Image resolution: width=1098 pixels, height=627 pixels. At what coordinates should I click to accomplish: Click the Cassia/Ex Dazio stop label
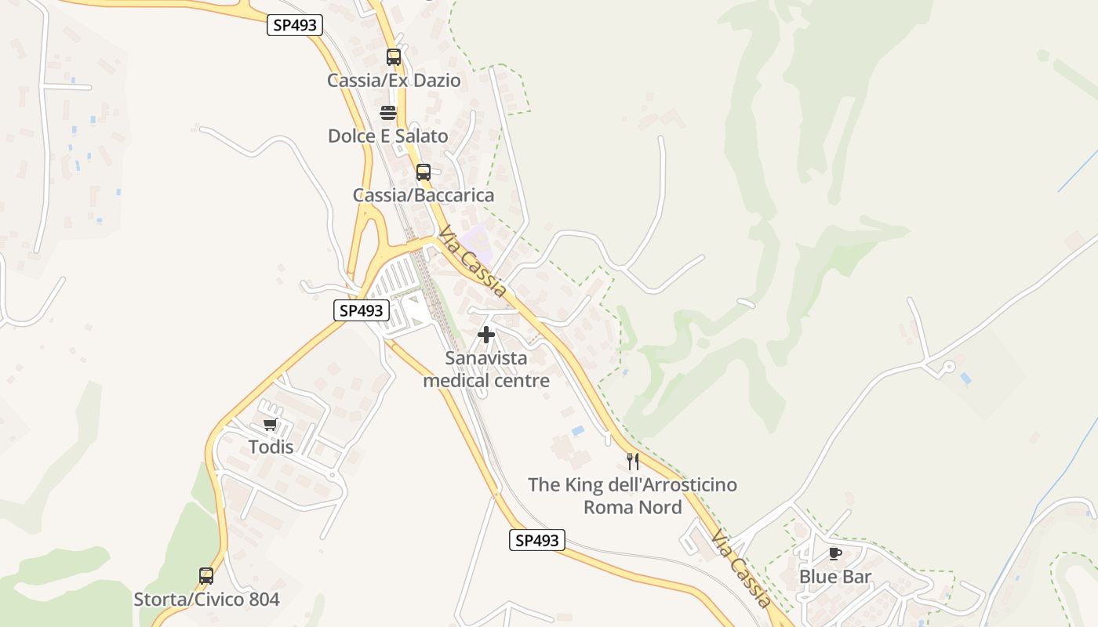point(394,81)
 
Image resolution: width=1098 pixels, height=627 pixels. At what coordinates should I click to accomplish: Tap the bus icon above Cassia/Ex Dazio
point(394,57)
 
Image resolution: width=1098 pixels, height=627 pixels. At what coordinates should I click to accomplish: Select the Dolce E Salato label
point(388,136)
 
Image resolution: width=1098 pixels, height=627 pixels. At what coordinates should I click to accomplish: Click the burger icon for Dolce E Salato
point(388,113)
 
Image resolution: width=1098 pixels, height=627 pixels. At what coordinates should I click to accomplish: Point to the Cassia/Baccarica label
point(424,195)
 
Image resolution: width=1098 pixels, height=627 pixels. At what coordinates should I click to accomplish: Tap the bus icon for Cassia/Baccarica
point(424,172)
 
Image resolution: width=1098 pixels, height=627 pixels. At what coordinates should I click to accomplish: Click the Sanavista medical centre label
point(486,369)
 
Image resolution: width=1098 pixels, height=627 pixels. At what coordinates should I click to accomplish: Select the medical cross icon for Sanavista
point(486,335)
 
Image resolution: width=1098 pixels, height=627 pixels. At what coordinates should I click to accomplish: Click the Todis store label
point(271,448)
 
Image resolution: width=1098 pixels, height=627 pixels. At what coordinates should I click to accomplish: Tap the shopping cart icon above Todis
point(271,425)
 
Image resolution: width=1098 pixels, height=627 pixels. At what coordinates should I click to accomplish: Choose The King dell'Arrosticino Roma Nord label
point(633,496)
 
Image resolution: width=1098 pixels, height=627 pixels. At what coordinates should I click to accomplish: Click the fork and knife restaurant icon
point(633,462)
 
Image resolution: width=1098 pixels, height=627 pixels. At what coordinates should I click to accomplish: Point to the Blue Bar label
point(835,577)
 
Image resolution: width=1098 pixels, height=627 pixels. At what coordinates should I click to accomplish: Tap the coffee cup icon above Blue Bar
point(835,554)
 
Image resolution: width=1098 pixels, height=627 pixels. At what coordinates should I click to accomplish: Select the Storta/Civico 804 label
point(206,600)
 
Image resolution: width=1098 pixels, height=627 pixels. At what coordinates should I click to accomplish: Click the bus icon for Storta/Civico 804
point(206,576)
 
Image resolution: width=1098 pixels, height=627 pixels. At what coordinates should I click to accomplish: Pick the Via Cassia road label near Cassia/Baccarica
point(473,262)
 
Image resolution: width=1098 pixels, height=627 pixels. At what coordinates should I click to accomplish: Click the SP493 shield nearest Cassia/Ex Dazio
point(295,25)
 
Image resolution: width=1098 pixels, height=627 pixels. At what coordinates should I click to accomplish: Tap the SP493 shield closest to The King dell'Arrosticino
point(537,540)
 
